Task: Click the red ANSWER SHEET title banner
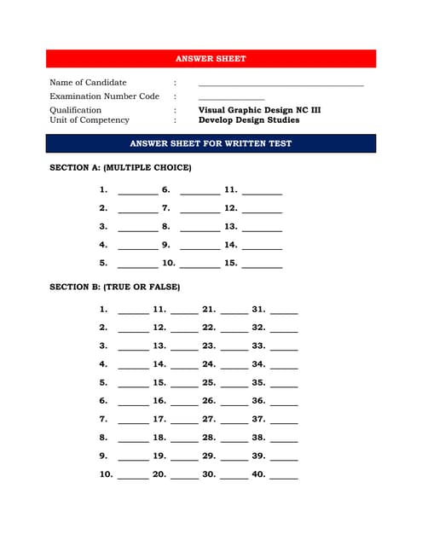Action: coord(211,59)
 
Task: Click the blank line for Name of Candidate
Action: coord(280,85)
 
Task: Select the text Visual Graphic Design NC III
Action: coord(259,110)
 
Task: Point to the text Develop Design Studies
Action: coord(249,120)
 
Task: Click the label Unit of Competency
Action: coord(90,120)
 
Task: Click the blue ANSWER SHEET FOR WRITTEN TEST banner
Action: coord(211,143)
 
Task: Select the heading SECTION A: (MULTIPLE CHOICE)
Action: coord(120,167)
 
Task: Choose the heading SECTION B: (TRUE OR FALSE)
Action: coord(115,287)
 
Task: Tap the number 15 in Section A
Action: coord(230,263)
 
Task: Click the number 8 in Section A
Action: coord(166,226)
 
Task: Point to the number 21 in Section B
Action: coord(209,309)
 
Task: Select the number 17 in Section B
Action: coord(159,419)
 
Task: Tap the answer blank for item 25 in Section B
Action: coord(234,386)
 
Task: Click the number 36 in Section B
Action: coord(258,400)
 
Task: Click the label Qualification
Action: coord(75,110)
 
